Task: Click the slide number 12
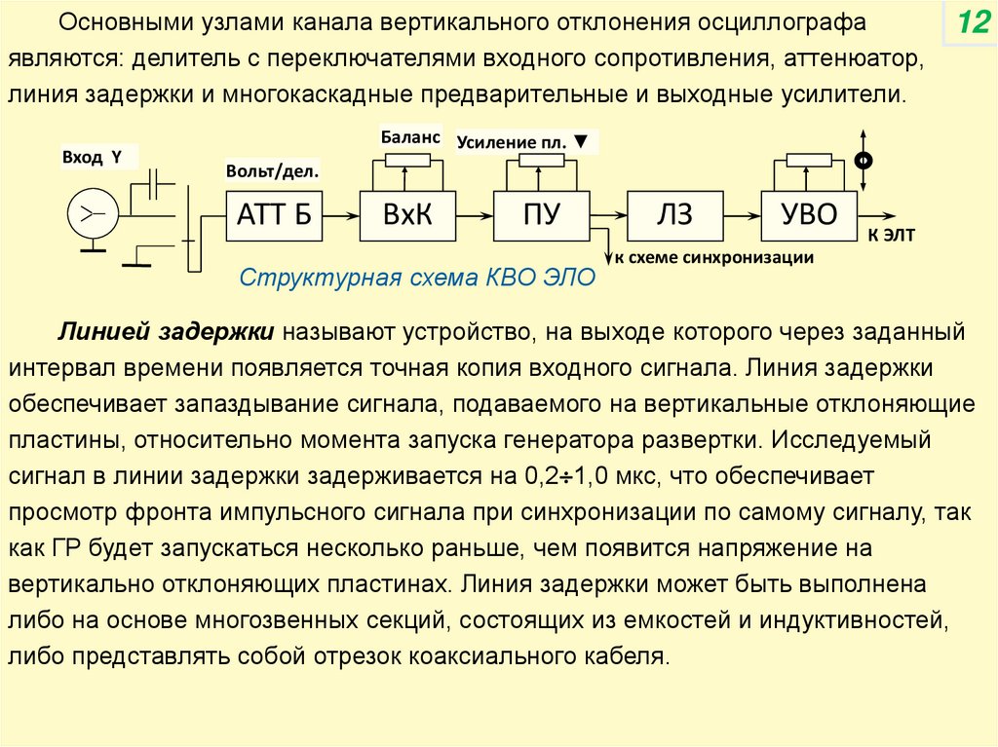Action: tap(973, 22)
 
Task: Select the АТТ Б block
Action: tap(274, 215)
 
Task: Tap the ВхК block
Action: tap(407, 215)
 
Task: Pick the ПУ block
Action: tap(541, 215)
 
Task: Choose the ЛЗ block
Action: tap(674, 215)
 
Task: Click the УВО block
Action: tap(810, 215)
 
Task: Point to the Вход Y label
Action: tap(92, 157)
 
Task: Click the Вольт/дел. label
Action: tap(273, 171)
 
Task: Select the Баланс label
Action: tap(409, 137)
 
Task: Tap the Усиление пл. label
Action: tap(521, 142)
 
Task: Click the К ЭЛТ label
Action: tap(892, 236)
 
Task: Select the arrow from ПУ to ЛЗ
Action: tap(609, 215)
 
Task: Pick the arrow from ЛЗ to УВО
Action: tap(743, 215)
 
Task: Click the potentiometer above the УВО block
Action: tap(808, 161)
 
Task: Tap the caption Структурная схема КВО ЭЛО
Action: tap(416, 277)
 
